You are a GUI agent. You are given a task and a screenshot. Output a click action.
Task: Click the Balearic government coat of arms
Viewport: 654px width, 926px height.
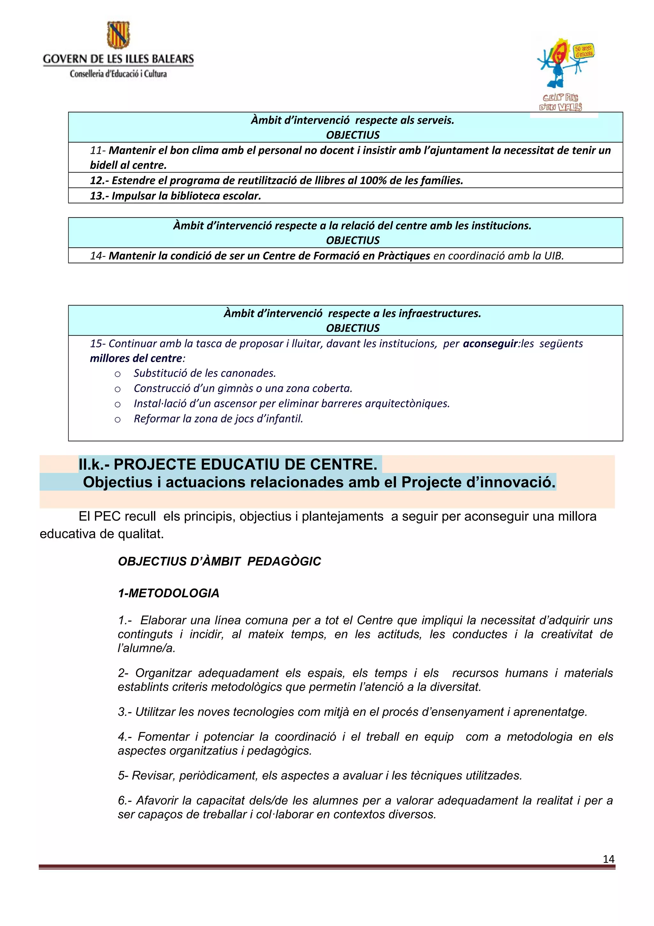[118, 35]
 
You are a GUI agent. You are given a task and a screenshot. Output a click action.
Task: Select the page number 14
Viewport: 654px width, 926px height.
[608, 859]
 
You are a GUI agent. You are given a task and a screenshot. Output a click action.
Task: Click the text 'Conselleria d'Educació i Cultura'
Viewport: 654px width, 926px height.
[118, 74]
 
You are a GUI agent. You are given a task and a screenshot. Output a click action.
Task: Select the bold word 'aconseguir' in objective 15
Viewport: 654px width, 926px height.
[490, 343]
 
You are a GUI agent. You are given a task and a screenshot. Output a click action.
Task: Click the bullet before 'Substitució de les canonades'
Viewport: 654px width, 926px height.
[118, 374]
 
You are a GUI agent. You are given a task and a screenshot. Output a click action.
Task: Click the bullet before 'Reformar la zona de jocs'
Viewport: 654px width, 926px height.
[118, 420]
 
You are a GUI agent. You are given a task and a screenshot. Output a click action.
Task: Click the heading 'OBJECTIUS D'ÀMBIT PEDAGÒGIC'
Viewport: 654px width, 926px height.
[219, 561]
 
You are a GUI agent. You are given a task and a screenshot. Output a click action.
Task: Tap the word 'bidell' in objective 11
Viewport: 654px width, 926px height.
[103, 166]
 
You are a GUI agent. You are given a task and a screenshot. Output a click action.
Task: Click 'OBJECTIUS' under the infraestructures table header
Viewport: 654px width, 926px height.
[353, 328]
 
